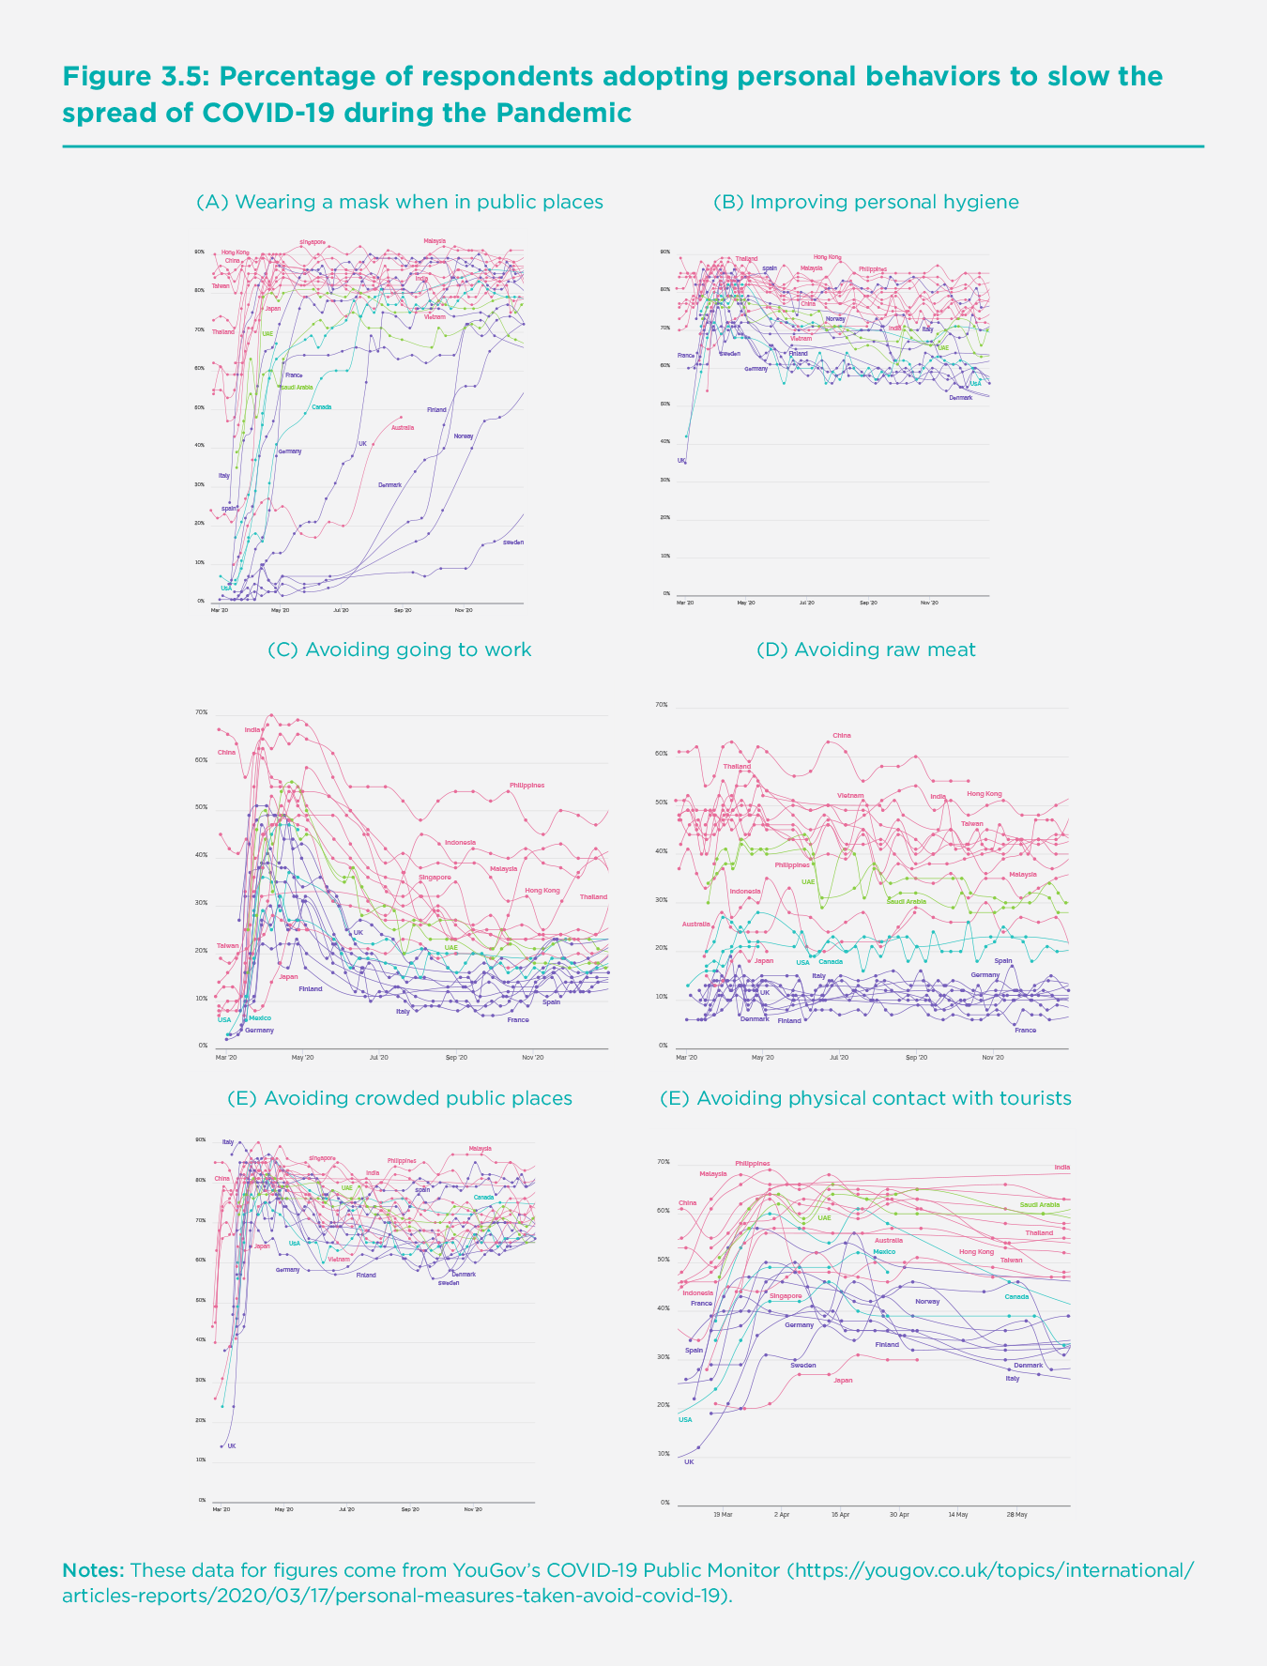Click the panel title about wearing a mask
(x=399, y=202)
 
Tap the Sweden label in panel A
(x=513, y=543)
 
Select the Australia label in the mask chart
(x=403, y=428)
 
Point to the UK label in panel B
(x=682, y=461)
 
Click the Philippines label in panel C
(x=527, y=785)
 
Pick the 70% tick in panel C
(x=201, y=712)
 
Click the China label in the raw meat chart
(x=842, y=735)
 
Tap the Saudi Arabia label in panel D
(x=907, y=901)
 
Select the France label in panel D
(x=1025, y=1031)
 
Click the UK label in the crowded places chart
(x=232, y=1445)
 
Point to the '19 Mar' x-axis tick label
(x=723, y=1514)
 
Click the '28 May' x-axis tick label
(x=1016, y=1514)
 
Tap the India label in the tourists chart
(x=1061, y=1168)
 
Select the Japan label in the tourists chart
(x=843, y=1380)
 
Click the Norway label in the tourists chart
(x=927, y=1301)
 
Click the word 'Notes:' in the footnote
(x=93, y=1569)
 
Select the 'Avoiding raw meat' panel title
(x=865, y=650)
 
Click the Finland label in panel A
(x=436, y=410)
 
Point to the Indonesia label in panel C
(x=460, y=843)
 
